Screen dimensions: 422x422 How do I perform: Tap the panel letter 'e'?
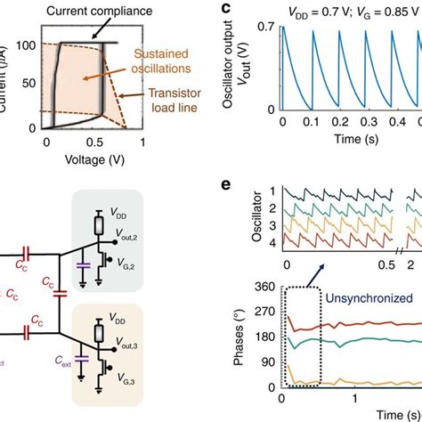point(225,187)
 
